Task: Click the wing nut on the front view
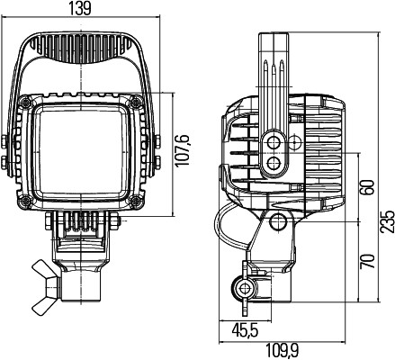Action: point(45,273)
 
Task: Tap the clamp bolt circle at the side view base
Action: point(241,289)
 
